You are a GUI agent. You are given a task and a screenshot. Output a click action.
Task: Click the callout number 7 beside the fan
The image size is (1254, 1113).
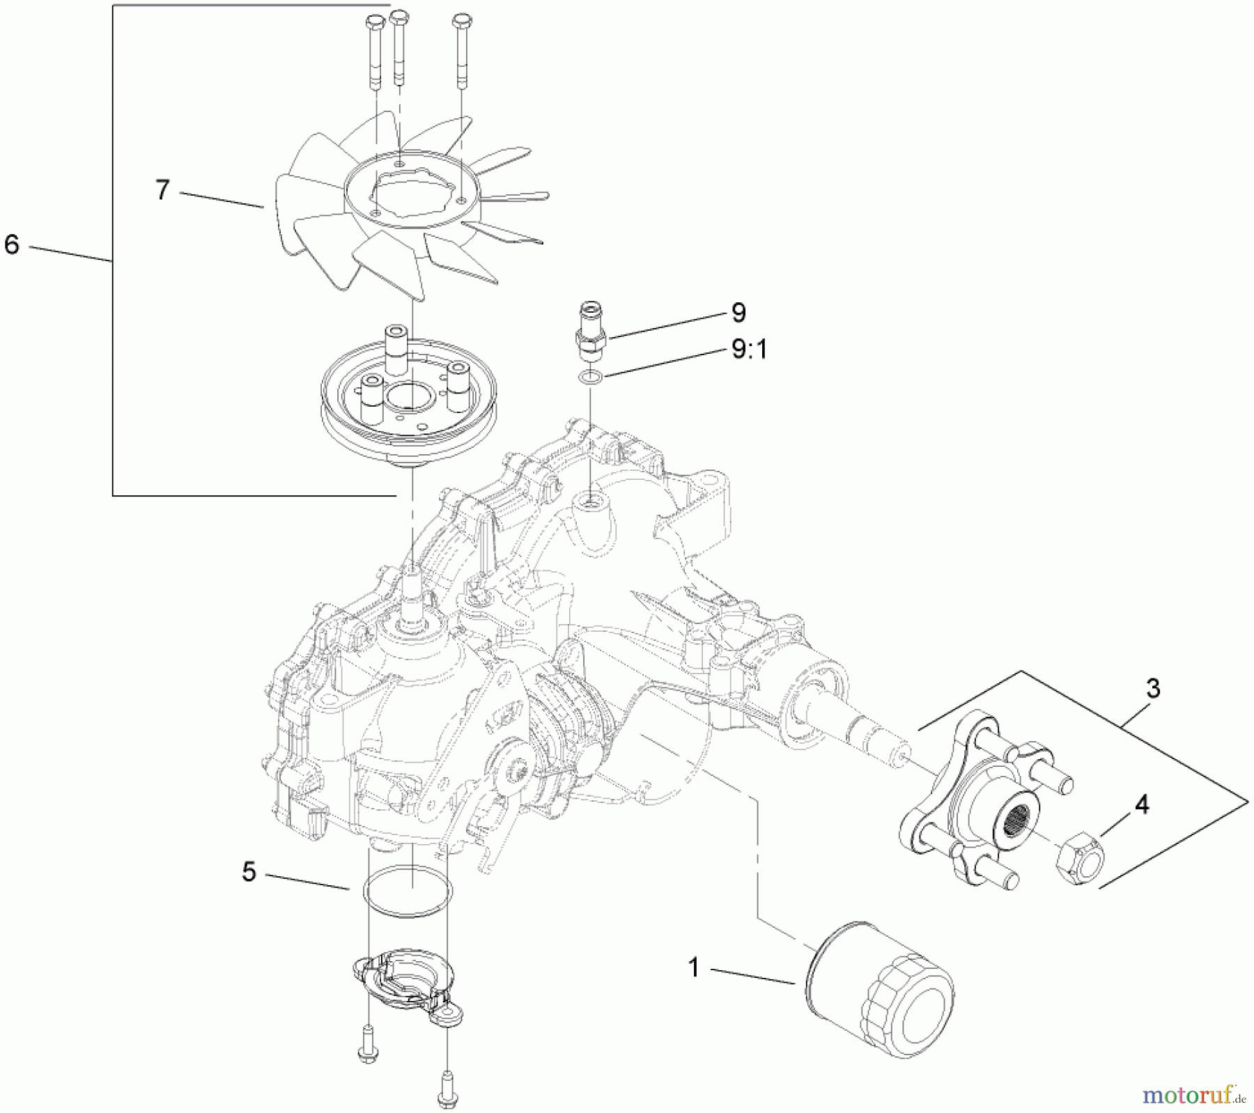coord(162,190)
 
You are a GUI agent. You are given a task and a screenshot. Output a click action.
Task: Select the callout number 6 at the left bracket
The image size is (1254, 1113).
coord(12,244)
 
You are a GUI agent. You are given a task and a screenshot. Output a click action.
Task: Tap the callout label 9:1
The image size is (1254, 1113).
coord(749,350)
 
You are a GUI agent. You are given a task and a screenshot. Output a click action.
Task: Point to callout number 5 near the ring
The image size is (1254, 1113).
coord(249,872)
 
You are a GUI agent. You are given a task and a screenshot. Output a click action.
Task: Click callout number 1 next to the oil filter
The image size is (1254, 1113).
coord(693,967)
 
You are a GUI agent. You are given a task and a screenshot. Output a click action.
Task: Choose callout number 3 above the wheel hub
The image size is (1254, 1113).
coord(1153,689)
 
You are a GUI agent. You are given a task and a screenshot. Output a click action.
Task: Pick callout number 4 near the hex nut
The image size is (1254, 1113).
coord(1140,805)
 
